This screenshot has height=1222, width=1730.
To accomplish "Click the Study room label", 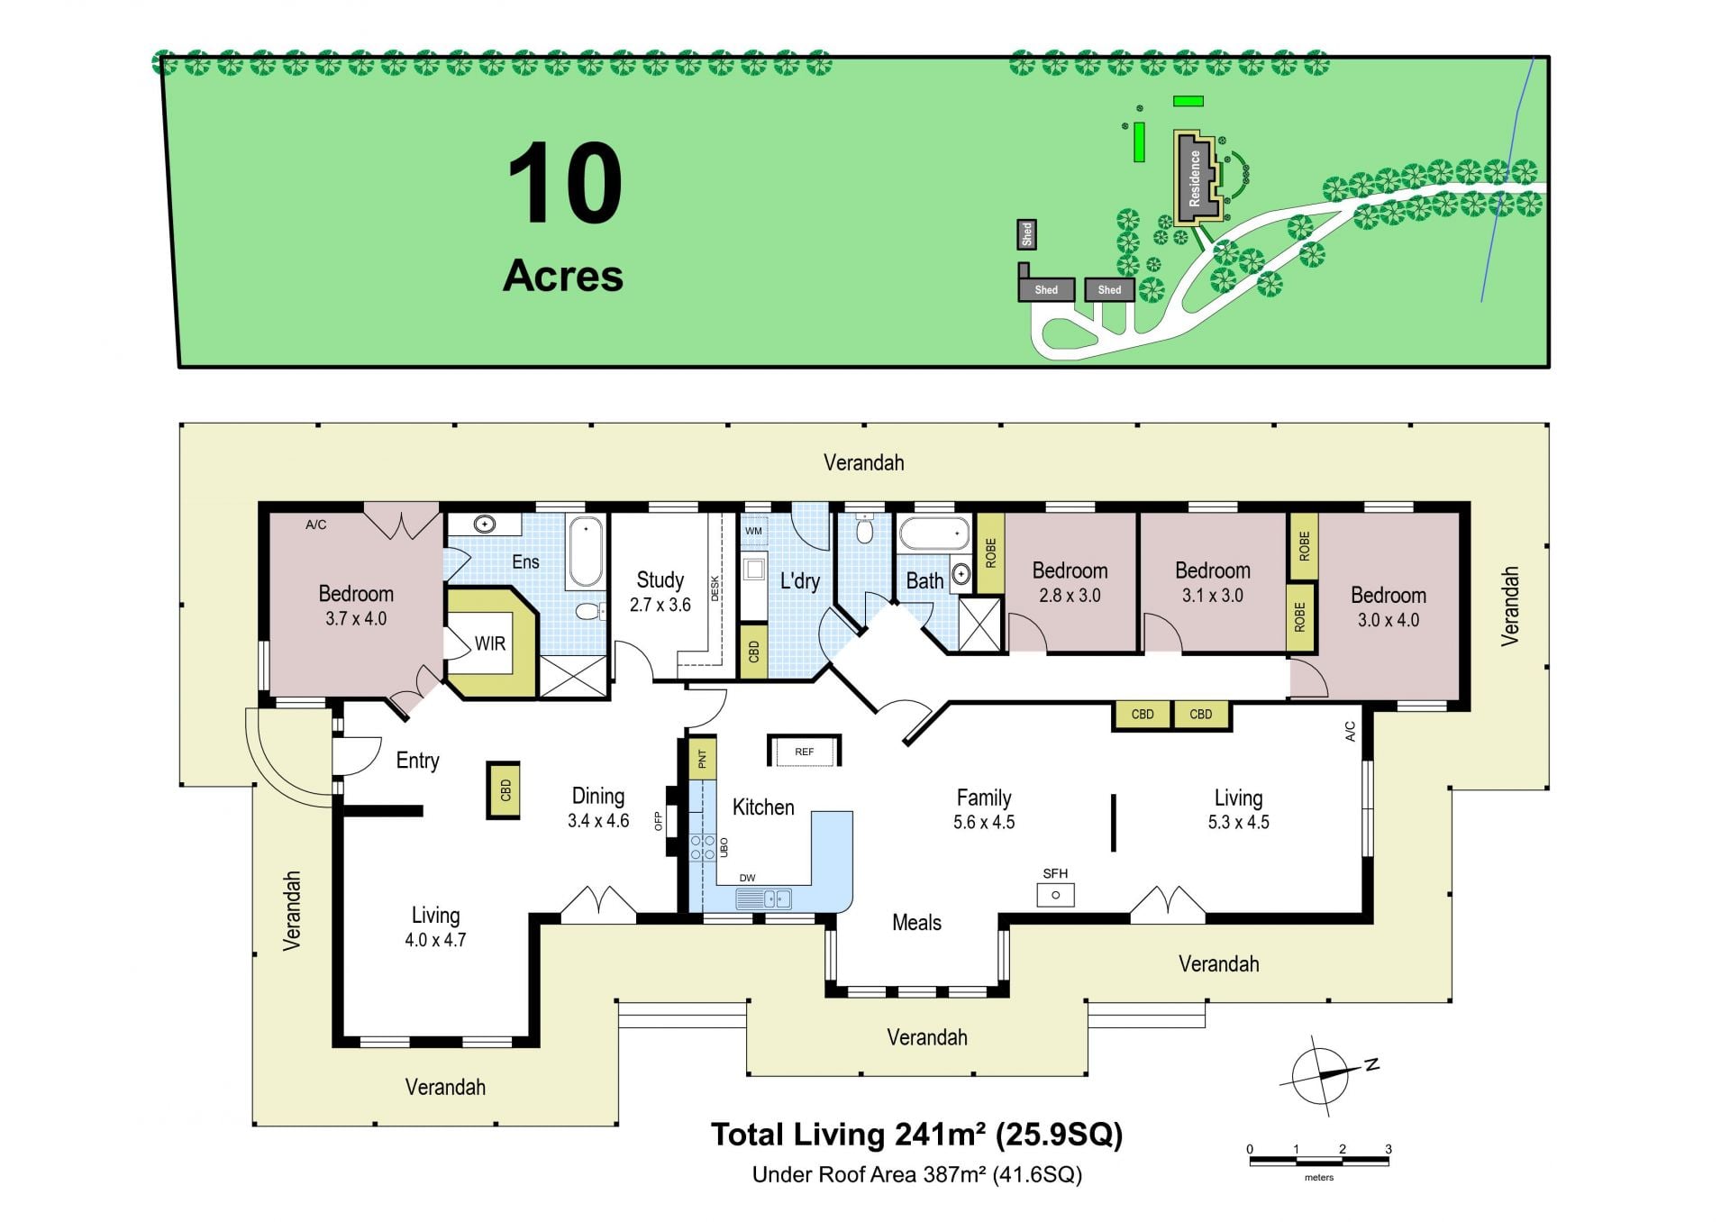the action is (660, 579).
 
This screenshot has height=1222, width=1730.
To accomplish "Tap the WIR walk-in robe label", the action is (490, 643).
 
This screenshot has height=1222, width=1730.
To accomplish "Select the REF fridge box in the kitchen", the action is (804, 751).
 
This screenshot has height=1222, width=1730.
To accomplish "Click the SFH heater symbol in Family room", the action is (1055, 895).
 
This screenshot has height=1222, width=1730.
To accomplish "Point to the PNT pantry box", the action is (702, 758).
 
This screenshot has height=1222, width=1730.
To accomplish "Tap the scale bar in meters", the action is (1319, 1161).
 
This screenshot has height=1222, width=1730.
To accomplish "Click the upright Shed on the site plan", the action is (1026, 234).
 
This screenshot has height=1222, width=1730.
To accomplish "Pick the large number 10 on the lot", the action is (565, 184).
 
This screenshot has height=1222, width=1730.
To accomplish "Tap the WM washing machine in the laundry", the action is (754, 531).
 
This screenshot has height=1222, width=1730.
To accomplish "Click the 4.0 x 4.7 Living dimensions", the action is (435, 940).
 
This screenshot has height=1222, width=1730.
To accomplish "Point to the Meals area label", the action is (916, 923).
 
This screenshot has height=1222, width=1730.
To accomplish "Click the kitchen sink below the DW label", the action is (763, 898).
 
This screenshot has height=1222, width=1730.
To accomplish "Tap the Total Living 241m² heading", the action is (916, 1135).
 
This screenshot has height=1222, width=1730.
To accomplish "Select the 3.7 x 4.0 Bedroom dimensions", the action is (356, 619).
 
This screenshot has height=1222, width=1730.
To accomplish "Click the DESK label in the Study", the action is (715, 588).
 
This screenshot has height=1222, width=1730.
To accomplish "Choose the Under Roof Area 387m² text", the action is (917, 1174).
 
